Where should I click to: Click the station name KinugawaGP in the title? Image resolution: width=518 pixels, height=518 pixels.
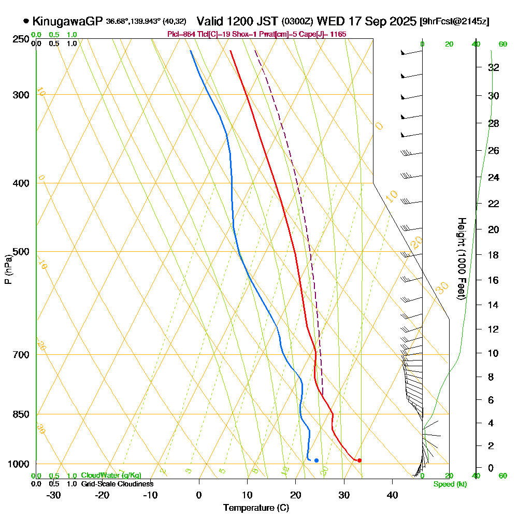[x=67, y=22]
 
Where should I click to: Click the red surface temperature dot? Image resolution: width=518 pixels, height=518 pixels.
[x=359, y=460]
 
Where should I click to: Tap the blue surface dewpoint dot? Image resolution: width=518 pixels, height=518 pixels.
[x=316, y=460]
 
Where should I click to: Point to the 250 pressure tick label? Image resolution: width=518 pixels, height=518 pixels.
[x=19, y=39]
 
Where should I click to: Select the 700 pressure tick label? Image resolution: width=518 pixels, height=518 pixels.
[x=19, y=355]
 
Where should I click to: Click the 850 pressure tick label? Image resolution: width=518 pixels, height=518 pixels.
[x=19, y=414]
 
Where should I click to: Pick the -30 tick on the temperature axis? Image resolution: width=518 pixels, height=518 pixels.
[x=54, y=495]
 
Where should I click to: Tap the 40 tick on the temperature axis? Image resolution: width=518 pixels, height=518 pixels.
[x=392, y=495]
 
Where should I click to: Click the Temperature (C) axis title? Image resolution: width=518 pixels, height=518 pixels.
[x=256, y=508]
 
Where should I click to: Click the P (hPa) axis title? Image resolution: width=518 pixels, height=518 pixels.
[x=8, y=269]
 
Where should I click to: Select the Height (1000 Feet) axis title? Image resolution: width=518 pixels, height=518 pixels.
[x=461, y=259]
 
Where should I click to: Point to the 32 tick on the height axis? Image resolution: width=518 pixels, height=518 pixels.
[x=493, y=67]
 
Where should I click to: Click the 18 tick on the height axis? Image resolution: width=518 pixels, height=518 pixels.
[x=493, y=255]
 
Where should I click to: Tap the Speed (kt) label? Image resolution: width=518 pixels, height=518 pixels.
[x=450, y=484]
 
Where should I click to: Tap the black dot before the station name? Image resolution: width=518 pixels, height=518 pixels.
[x=26, y=22]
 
